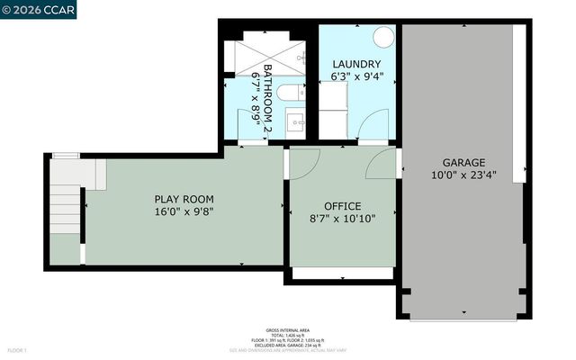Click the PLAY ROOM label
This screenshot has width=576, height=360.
pyautogui.click(x=184, y=199)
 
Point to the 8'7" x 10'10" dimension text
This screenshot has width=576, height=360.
pyautogui.click(x=342, y=219)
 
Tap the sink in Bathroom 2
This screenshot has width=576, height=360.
pyautogui.click(x=296, y=120)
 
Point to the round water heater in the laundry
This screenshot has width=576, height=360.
pyautogui.click(x=382, y=37)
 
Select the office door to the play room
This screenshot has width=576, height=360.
pyautogui.click(x=303, y=162)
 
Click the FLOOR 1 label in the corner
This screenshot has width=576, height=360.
pyautogui.click(x=17, y=349)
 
